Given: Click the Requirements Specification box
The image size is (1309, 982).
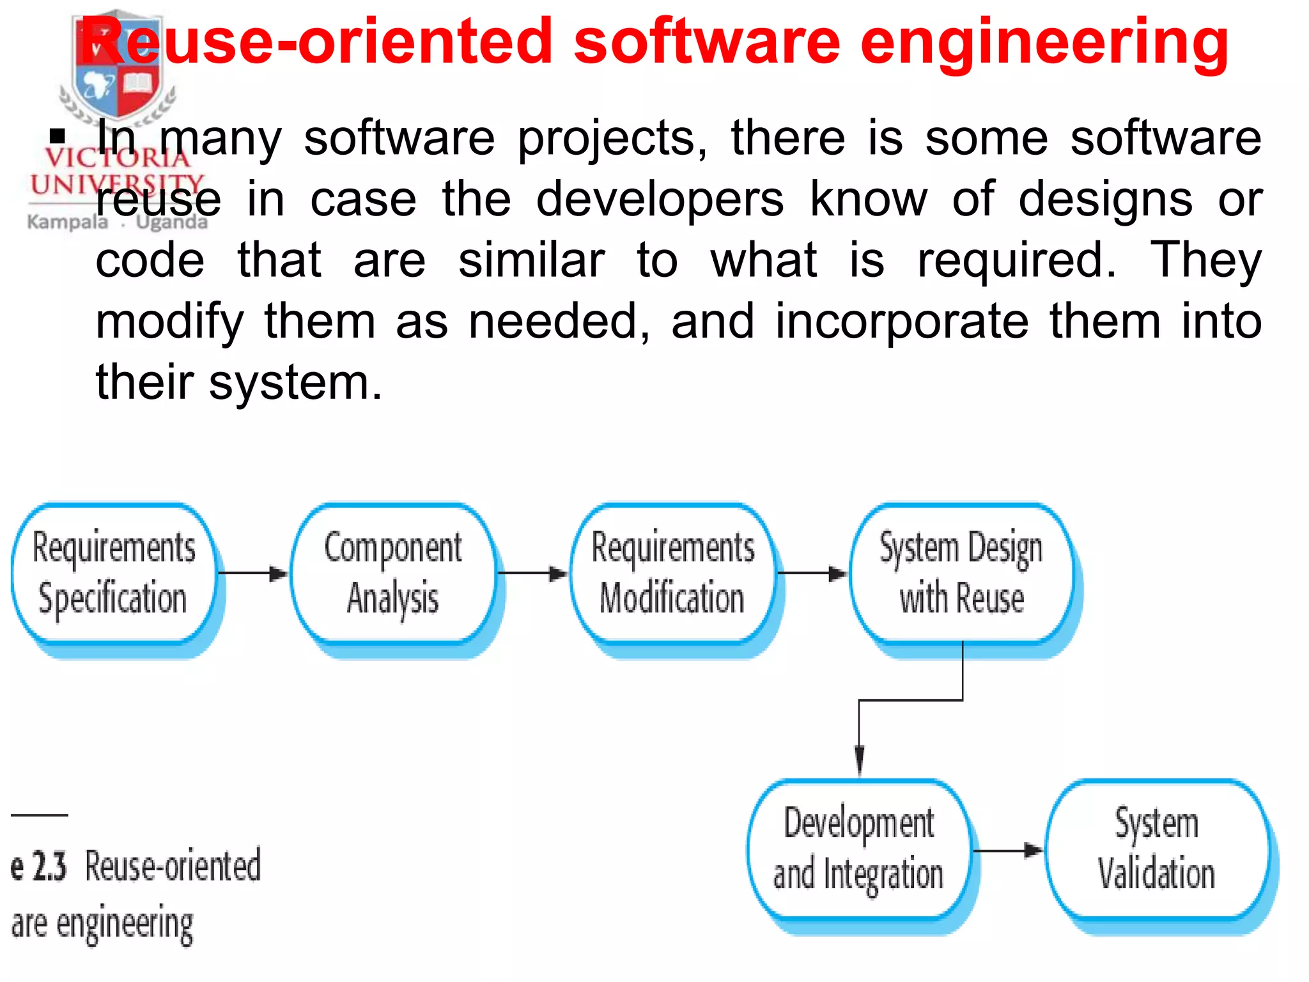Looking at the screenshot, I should (114, 573).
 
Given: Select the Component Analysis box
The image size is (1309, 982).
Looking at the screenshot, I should (393, 573).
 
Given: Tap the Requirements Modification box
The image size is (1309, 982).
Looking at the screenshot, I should (672, 573).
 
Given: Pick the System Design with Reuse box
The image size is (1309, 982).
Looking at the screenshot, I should (961, 573).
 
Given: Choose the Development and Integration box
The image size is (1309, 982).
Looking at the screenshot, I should (859, 849).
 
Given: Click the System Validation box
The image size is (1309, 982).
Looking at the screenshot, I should (1157, 849).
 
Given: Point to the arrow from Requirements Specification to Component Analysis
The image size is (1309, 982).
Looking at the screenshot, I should (253, 573).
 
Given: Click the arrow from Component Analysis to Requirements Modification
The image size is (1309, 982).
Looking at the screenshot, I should (532, 573).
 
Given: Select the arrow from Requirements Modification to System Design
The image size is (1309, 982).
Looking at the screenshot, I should (812, 573).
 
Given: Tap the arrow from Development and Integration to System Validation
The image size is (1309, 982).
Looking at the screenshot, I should (1007, 850).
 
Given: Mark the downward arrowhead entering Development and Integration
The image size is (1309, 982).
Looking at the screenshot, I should (860, 761).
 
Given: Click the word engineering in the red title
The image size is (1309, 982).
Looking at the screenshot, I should (1044, 43).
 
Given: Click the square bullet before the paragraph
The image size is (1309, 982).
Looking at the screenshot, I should (58, 136).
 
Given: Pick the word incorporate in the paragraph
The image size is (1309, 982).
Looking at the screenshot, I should (902, 322).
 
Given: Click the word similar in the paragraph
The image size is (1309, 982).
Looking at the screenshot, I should (531, 261).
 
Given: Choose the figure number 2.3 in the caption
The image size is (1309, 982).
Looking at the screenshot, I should (49, 867).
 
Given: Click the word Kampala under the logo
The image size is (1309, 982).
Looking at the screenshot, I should (68, 222).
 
